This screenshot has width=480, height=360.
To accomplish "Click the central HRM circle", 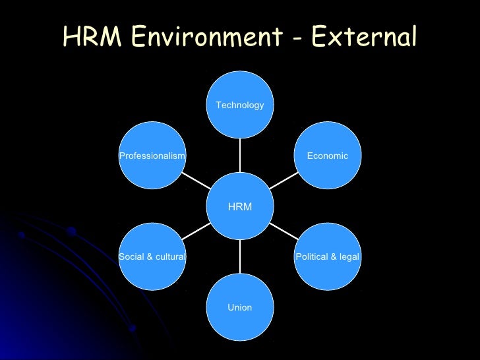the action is point(240,206).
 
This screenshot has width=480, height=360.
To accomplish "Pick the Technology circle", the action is point(240,104).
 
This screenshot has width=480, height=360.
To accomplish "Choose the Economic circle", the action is point(328,156).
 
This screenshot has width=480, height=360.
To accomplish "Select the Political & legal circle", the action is point(328,256).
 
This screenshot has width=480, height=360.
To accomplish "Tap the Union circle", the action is point(240,307).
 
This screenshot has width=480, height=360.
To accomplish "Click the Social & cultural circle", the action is point(152,256).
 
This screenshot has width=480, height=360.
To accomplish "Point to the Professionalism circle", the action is point(152,156).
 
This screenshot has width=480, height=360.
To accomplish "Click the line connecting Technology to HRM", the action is point(240,155).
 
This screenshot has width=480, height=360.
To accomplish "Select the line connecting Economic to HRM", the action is point(284,181).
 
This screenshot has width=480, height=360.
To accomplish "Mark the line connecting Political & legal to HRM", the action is point(284,232).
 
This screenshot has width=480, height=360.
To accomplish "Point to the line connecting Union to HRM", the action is point(240,256).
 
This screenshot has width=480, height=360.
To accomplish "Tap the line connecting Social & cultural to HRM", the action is point(196,232).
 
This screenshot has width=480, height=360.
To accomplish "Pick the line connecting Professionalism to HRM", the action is point(196,181).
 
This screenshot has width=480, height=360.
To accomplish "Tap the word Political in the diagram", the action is point(312,256).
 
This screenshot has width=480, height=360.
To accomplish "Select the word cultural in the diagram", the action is point(170,256).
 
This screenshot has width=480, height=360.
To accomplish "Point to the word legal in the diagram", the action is point(349,256).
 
